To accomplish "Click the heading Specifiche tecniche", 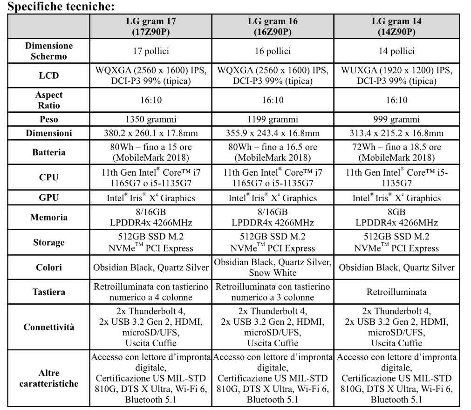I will coord(59,7).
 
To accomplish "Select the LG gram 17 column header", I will coord(151,27).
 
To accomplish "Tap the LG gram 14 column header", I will coord(396,27).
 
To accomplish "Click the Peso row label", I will coord(49,119).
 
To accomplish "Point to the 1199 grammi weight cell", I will coord(273,119).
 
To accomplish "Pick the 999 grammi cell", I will coord(396,119).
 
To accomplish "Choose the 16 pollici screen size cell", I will coord(273,51).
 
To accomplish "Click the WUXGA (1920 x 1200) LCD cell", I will coord(396,76).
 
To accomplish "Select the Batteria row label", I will coord(49,152).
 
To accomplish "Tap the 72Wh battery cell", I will coord(396,152).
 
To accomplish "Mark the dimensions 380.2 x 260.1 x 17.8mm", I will coord(151,133).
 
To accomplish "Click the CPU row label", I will coord(49,178).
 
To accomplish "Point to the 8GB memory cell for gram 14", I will coord(396,217).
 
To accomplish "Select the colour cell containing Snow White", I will coord(273,267).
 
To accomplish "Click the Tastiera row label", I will coord(49,292).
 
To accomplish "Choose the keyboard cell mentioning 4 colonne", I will coord(151,292).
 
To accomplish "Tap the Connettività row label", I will coord(49,327).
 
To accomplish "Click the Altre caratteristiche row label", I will coord(49,379).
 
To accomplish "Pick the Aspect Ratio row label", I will coord(49,100).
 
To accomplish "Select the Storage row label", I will coord(49,242).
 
